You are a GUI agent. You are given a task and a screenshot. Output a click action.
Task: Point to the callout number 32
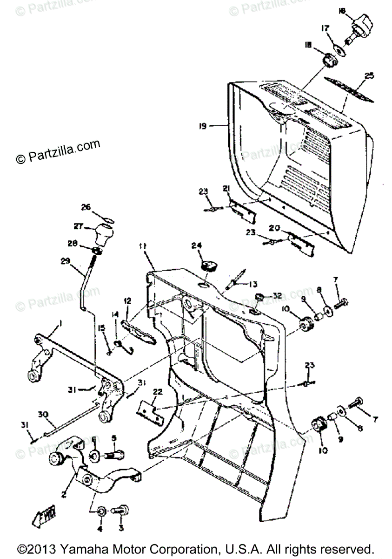pyautogui.click(x=277, y=296)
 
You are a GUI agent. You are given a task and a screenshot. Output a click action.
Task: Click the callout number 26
pyautogui.click(x=86, y=207)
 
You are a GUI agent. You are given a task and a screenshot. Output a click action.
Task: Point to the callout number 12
pyautogui.click(x=127, y=301)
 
